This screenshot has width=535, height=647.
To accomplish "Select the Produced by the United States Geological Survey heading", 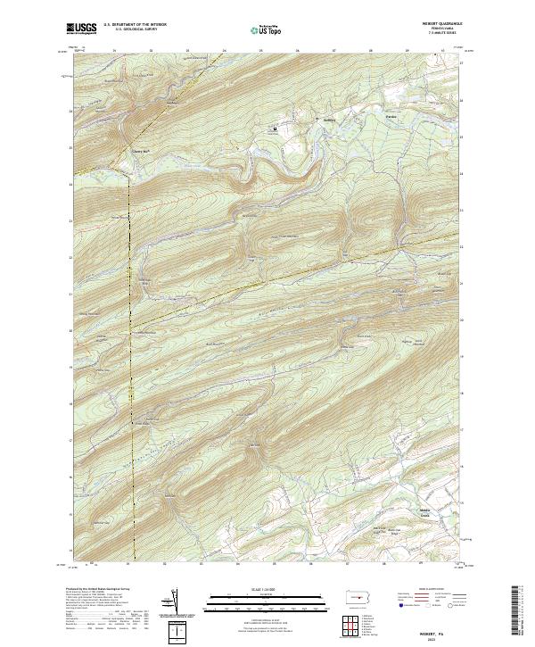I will tap(103, 590).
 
